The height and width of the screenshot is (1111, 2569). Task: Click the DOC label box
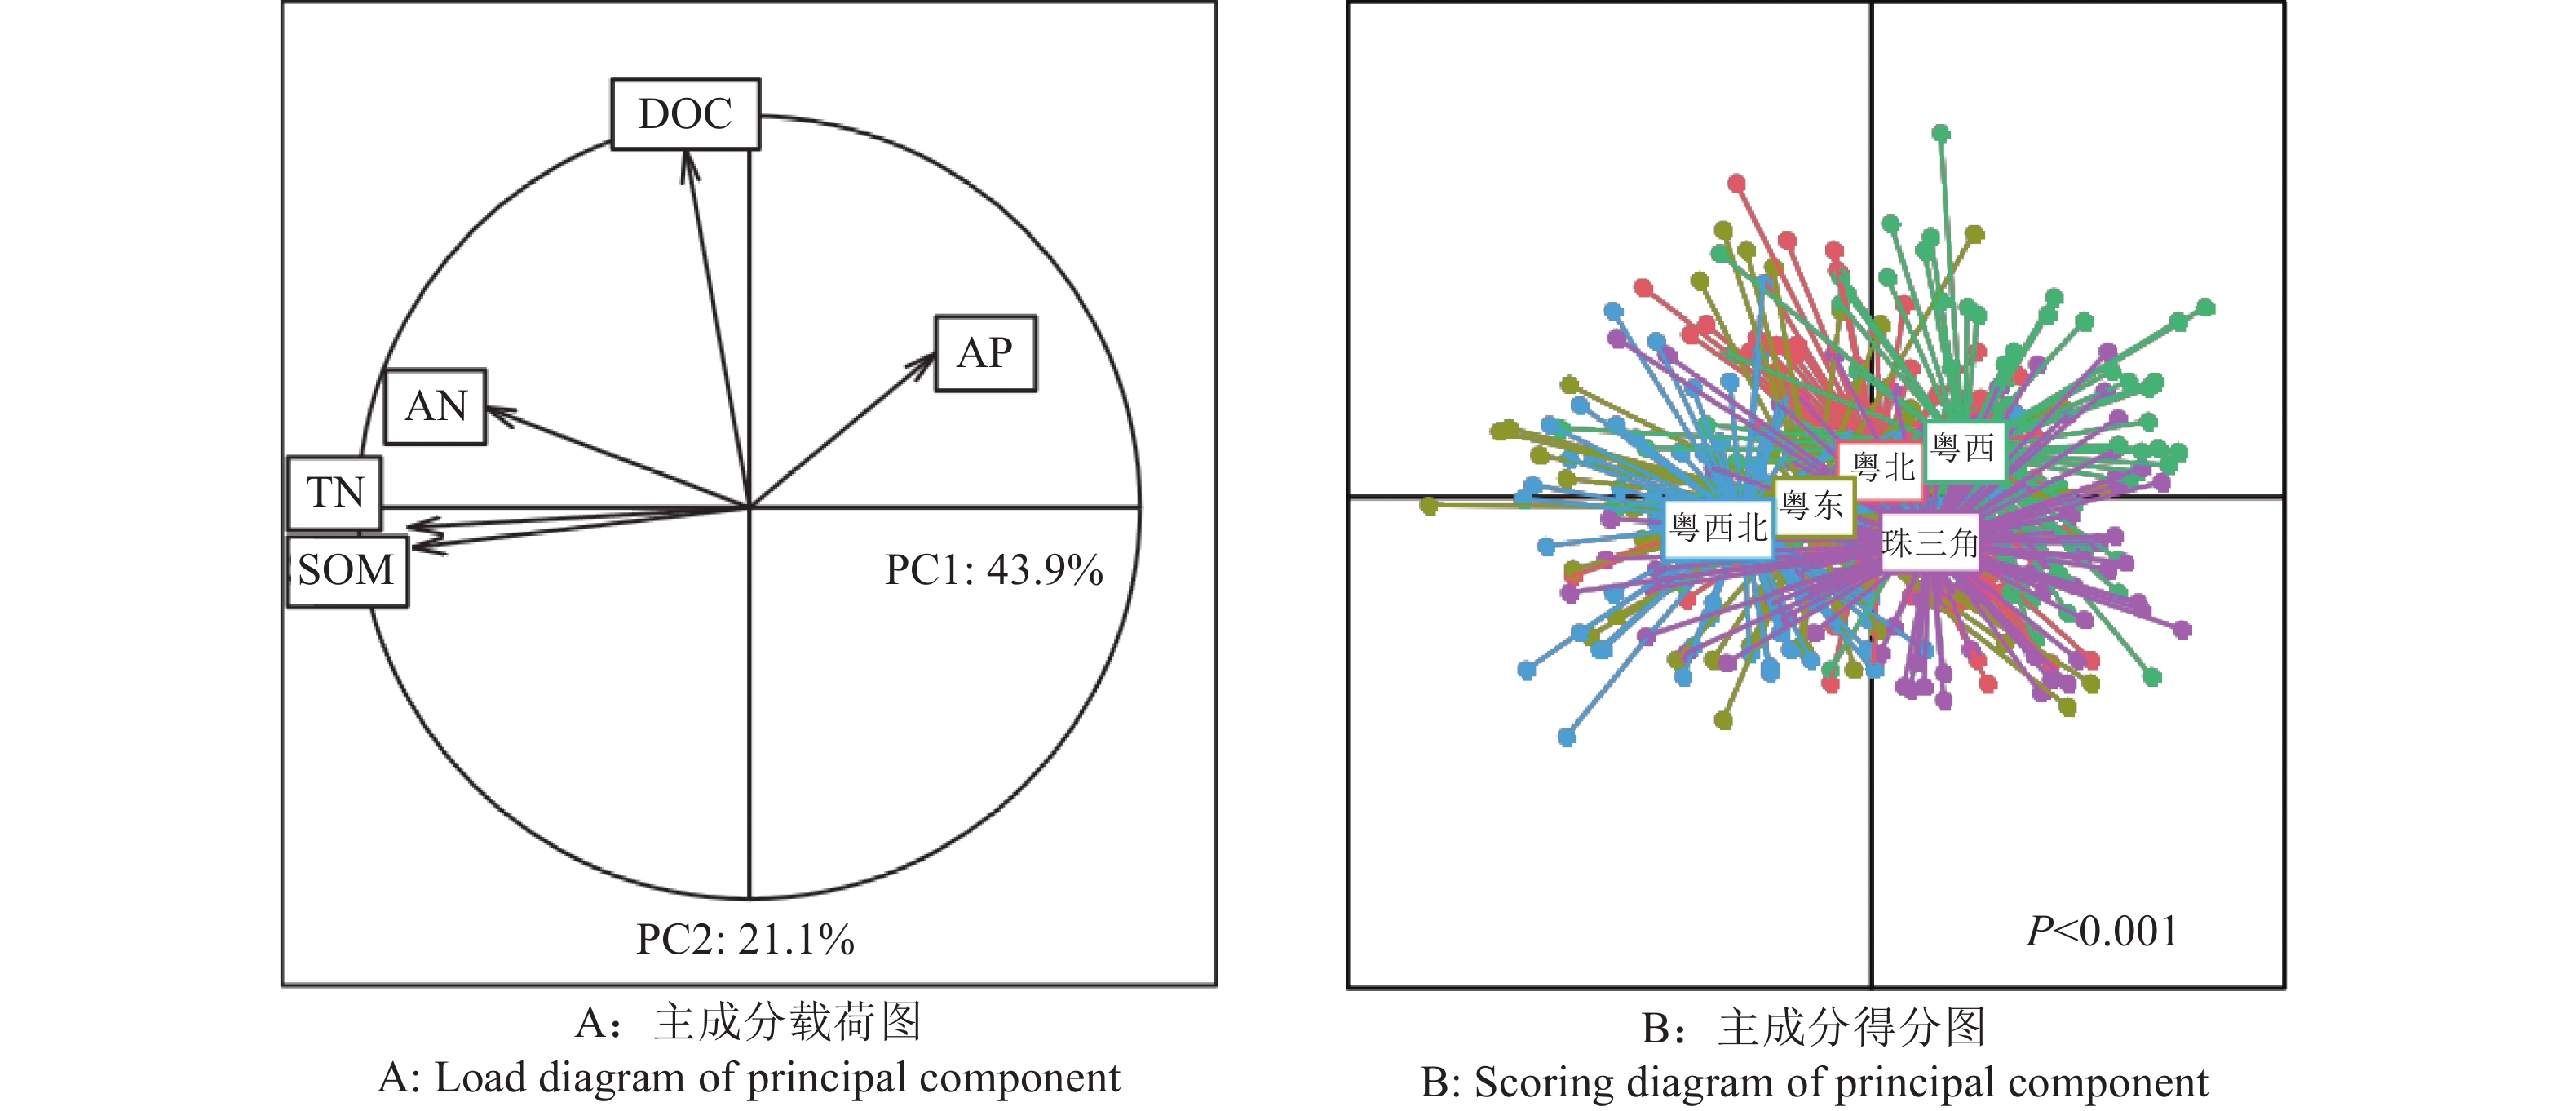(x=685, y=113)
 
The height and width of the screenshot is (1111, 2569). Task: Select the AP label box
(x=984, y=353)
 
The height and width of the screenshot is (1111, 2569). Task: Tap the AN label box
(x=436, y=407)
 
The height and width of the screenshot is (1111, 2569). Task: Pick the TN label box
(x=335, y=493)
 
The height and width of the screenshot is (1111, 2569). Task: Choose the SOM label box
(x=347, y=570)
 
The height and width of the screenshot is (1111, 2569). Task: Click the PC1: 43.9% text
(x=993, y=570)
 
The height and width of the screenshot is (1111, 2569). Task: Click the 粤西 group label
(x=1963, y=448)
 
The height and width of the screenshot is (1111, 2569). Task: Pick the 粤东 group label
(x=1812, y=506)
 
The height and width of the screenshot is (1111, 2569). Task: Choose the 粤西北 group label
(x=1718, y=528)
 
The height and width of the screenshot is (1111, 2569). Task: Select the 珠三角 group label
(x=1930, y=543)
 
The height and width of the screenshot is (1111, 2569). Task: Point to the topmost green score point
(x=1941, y=133)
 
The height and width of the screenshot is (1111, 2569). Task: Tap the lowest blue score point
(x=1567, y=737)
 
